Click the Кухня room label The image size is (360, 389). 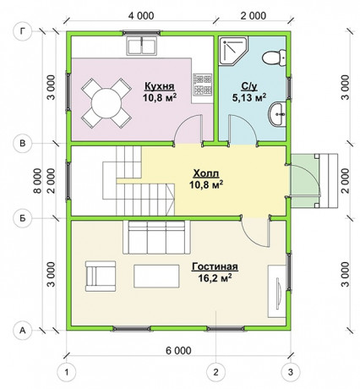tap(159, 85)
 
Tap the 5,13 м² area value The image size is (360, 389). tap(249, 97)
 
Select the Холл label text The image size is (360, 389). tap(206, 173)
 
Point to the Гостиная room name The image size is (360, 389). tap(215, 266)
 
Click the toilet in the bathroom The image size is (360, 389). tap(274, 58)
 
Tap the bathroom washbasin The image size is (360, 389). tap(278, 114)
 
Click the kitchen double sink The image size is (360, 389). tap(142, 47)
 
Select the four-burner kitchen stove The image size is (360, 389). tap(202, 85)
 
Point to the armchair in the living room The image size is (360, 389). tap(101, 277)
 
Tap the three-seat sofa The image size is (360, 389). tap(156, 238)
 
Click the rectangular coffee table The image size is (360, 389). tap(156, 276)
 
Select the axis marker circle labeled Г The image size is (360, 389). tap(23, 31)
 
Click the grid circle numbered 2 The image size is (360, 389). tap(215, 372)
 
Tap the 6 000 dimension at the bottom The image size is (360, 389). tap(178, 351)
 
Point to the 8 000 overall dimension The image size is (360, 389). tap(37, 181)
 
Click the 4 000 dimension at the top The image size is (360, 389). tap(141, 16)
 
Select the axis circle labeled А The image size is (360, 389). tap(23, 330)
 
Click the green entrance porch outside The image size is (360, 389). tap(304, 181)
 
